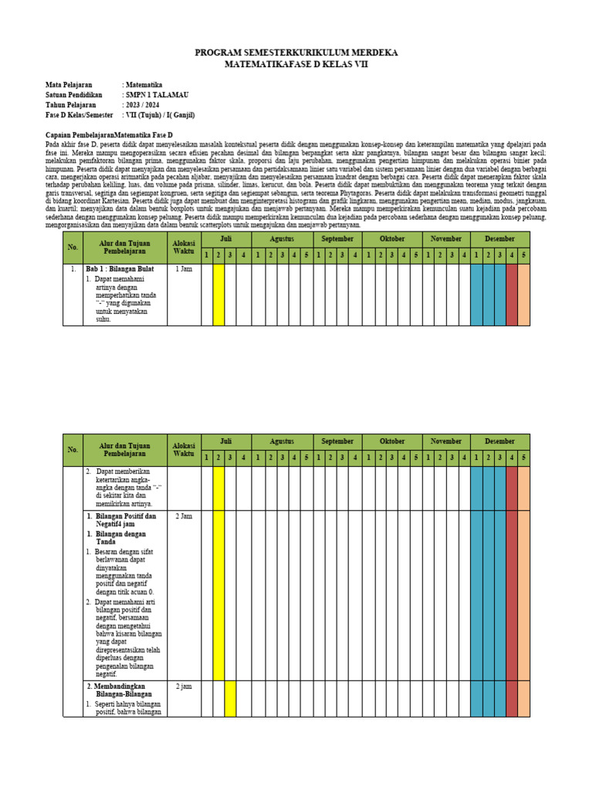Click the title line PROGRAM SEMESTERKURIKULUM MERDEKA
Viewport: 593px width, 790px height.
[296, 52]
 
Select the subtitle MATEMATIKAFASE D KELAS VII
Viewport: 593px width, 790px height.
[296, 65]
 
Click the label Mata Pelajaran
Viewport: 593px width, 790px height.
[69, 85]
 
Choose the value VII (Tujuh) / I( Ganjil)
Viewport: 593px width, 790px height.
[161, 115]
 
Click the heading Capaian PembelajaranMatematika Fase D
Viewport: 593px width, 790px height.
[109, 135]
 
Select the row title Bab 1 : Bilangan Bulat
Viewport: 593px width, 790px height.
[120, 269]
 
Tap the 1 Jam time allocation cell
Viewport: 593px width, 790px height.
[184, 269]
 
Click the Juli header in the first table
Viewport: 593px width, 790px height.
[225, 239]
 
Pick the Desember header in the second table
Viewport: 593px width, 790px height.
[500, 441]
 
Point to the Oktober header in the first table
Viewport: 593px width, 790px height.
[392, 239]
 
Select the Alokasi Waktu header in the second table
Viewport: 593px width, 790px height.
[184, 449]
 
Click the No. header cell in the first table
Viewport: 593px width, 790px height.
[73, 247]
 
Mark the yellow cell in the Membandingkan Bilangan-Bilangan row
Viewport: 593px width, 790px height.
[230, 698]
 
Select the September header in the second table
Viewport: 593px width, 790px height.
[337, 441]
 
